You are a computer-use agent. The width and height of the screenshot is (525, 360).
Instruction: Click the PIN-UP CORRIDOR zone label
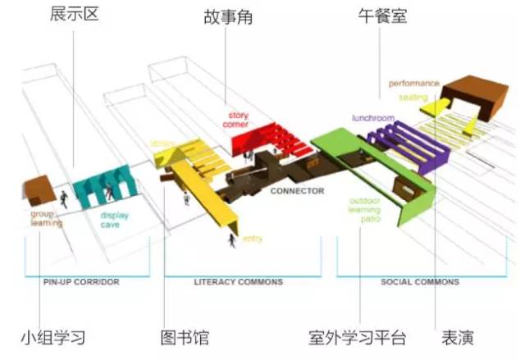(81, 282)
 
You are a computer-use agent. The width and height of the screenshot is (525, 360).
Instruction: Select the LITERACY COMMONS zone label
(238, 282)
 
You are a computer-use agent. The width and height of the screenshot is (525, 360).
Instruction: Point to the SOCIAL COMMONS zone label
(420, 282)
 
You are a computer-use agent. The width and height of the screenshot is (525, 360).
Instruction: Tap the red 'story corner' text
(238, 121)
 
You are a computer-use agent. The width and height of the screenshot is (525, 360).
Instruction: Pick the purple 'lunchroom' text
(373, 118)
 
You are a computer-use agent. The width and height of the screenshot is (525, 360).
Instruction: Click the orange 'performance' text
(414, 83)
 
